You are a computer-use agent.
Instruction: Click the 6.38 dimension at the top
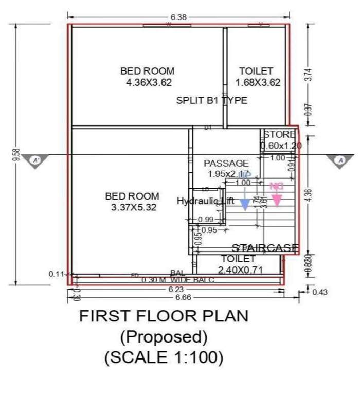178,17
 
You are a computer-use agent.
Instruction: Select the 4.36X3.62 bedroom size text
149,82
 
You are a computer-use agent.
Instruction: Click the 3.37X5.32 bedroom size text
133,207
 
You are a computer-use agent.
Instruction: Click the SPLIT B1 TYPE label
211,100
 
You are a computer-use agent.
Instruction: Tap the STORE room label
280,135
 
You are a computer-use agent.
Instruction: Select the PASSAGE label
226,164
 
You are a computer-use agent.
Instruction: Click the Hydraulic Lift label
205,201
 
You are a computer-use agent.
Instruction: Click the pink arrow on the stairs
277,199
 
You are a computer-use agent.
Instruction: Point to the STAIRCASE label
265,248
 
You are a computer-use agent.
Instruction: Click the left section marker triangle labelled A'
37,160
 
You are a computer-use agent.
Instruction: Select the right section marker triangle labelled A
339,160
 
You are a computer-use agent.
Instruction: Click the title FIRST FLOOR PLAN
163,316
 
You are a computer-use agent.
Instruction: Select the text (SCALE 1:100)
164,356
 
